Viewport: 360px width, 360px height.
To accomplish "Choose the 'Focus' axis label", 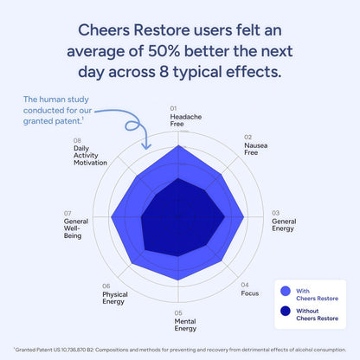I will point(250,293).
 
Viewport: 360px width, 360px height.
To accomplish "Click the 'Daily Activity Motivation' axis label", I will point(90,157).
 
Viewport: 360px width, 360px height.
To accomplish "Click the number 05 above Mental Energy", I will point(178,312).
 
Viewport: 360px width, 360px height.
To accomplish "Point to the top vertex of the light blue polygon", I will point(179,145).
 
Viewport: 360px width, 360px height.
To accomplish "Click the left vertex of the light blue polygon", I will point(112,215).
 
